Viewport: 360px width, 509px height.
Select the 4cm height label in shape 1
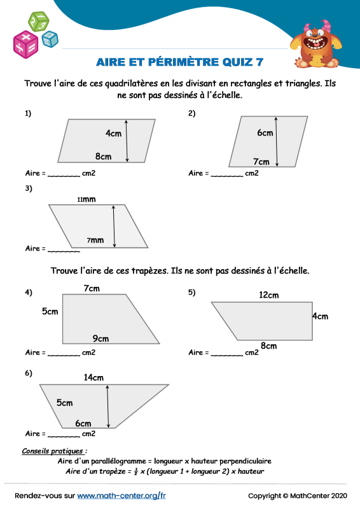point(113,134)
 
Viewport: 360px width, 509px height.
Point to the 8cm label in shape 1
point(104,157)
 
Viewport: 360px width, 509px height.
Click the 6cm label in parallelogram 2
point(265,133)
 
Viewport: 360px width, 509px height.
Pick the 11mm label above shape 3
point(86,199)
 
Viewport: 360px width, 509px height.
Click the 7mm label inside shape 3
point(95,241)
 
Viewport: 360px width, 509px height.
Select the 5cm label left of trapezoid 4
point(50,312)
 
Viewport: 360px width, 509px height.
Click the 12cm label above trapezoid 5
point(269,295)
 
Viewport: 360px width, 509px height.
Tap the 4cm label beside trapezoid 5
point(320,316)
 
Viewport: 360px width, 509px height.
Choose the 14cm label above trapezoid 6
point(93,377)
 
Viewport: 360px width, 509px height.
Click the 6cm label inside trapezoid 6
point(83,423)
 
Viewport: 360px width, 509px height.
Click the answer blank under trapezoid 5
point(227,354)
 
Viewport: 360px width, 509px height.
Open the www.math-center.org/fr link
point(121,495)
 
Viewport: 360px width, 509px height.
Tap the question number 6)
point(29,373)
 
